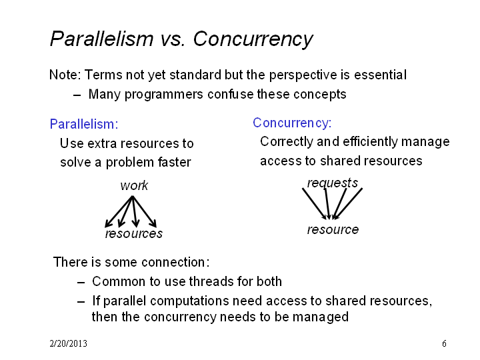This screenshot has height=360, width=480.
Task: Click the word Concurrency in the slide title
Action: tap(253, 39)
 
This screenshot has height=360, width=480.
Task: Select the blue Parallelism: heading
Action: tap(84, 124)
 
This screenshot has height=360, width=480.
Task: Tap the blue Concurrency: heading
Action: tap(292, 123)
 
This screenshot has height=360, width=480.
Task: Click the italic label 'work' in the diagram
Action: tap(134, 185)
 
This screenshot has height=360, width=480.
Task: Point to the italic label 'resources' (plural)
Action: tap(134, 233)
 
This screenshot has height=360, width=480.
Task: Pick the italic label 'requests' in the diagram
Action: tap(333, 183)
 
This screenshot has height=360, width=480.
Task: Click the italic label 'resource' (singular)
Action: tap(333, 229)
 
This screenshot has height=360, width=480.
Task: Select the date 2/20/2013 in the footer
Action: tap(68, 343)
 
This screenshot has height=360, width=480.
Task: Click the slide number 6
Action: tap(444, 343)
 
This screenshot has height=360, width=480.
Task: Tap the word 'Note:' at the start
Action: tap(65, 75)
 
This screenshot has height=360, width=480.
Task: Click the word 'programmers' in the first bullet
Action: tap(164, 95)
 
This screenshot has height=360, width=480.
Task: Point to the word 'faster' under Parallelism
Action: tap(175, 162)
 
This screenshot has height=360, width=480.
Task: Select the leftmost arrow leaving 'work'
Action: tap(119, 212)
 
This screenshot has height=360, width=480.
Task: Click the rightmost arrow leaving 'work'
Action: tap(145, 212)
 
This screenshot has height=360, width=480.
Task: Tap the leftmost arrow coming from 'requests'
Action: tap(315, 203)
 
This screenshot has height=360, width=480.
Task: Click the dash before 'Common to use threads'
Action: tap(81, 282)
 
